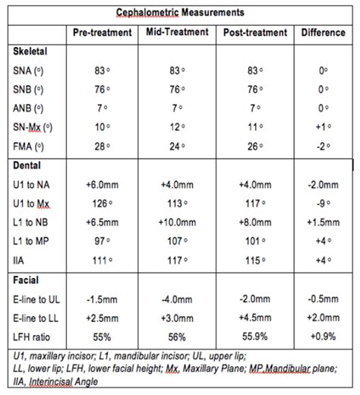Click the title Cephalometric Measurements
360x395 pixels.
click(x=180, y=13)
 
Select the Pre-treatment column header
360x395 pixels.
click(x=103, y=33)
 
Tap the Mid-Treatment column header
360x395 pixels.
click(x=178, y=32)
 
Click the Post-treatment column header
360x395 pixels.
click(x=256, y=33)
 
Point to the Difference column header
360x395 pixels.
click(x=324, y=33)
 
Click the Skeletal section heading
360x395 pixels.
click(x=31, y=49)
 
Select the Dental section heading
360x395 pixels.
click(x=29, y=163)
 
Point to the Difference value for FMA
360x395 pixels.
click(x=324, y=145)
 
